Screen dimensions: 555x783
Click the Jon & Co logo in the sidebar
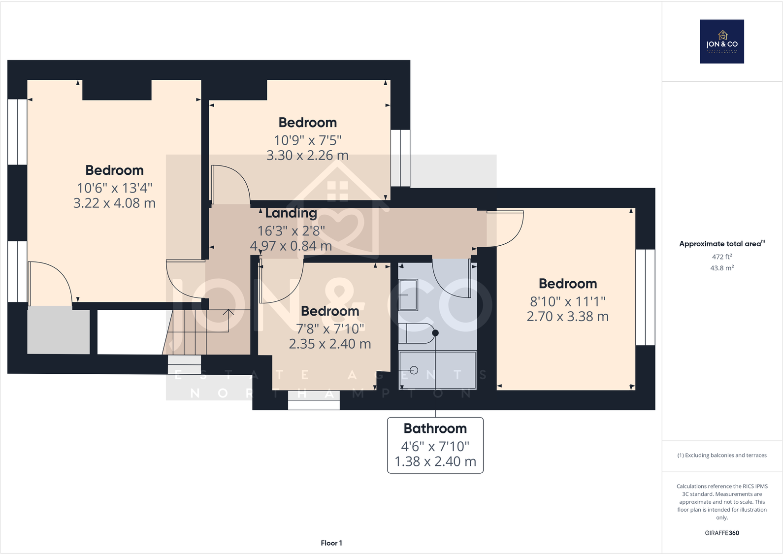(x=722, y=41)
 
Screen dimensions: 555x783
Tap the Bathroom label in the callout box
(x=435, y=428)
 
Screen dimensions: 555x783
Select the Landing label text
(x=291, y=213)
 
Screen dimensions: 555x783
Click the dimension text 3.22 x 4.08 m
(x=114, y=203)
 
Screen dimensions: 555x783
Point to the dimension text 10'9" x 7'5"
(x=307, y=140)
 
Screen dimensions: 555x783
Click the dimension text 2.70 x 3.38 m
(x=567, y=316)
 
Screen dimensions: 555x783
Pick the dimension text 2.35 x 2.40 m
(x=329, y=344)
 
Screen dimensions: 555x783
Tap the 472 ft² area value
(x=721, y=257)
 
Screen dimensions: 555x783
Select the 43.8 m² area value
(x=721, y=268)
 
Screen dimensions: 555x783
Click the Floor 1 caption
(x=331, y=543)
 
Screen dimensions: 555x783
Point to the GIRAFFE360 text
(x=721, y=533)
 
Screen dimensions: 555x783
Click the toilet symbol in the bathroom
(x=417, y=333)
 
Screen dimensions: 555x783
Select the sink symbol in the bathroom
(x=408, y=295)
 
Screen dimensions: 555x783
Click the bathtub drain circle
(x=414, y=370)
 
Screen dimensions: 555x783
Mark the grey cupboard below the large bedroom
(x=58, y=330)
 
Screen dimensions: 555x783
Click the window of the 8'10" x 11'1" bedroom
(x=645, y=297)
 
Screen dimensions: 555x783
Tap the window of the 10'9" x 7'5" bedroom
(x=400, y=158)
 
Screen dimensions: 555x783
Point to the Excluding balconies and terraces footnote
(x=721, y=455)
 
